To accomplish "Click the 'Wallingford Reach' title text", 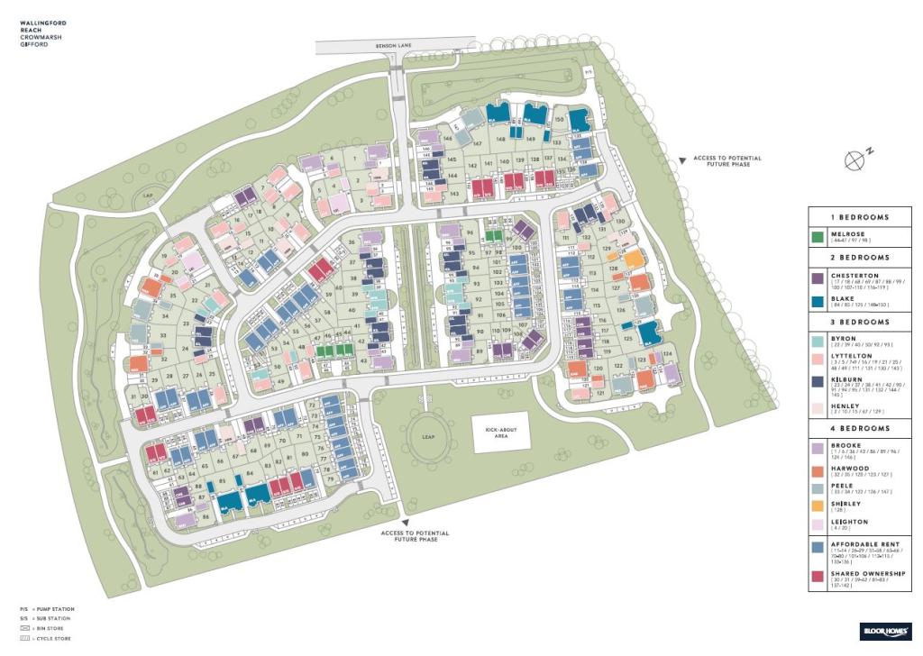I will click(x=43, y=26).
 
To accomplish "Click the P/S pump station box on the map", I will click(x=589, y=72).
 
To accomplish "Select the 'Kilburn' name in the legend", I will click(x=844, y=381).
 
